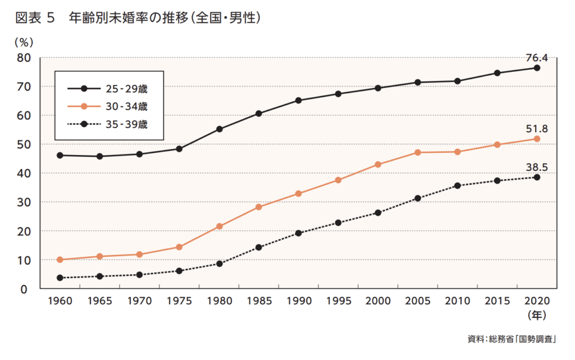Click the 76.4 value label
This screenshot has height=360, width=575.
click(x=536, y=57)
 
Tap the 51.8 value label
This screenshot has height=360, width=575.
click(x=536, y=129)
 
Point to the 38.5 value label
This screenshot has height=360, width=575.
click(x=536, y=167)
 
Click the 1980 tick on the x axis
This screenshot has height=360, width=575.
click(x=218, y=301)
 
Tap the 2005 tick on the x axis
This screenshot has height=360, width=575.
click(x=417, y=301)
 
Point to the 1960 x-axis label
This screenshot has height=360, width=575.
click(x=60, y=301)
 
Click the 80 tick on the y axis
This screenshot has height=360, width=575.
click(x=23, y=57)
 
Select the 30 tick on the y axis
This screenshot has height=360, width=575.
click(x=23, y=202)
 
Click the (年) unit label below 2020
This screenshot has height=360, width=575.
click(x=536, y=315)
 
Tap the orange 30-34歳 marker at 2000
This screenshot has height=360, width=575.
click(x=378, y=165)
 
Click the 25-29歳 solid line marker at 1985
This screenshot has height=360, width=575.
click(x=258, y=113)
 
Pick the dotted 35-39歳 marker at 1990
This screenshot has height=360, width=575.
click(x=298, y=233)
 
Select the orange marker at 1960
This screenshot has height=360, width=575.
click(x=60, y=259)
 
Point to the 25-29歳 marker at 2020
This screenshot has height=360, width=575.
click(x=537, y=68)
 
